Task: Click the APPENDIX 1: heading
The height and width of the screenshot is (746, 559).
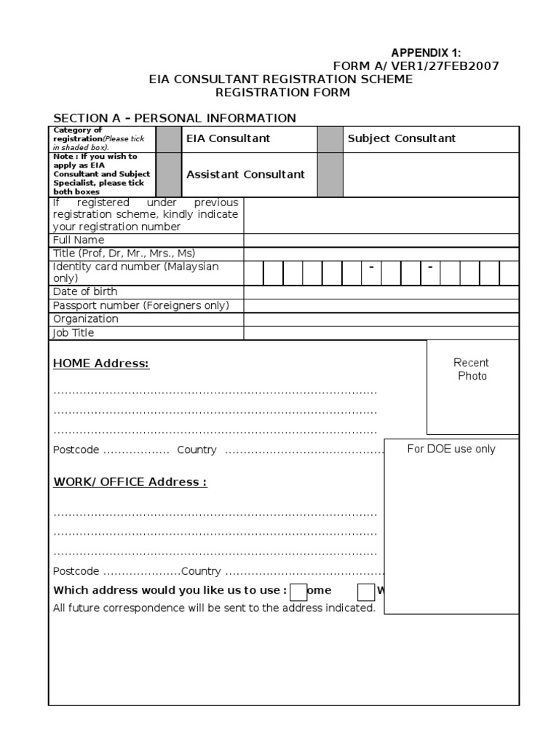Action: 427,52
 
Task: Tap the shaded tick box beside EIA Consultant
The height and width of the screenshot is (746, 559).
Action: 170,138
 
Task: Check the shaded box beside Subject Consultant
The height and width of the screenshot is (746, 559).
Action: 330,138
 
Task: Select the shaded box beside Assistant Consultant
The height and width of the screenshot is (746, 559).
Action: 170,175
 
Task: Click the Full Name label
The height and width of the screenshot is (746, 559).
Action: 79,240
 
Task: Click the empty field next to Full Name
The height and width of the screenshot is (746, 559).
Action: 381,240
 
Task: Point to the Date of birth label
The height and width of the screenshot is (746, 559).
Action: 85,291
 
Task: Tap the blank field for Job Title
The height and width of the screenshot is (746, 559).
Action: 381,333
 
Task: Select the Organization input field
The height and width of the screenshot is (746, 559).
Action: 381,319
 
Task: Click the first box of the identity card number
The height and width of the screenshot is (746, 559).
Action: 253,272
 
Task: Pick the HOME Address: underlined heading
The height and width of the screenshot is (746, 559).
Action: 101,364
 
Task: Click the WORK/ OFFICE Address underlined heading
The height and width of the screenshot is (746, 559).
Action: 130,482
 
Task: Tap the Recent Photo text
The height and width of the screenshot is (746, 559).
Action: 472,369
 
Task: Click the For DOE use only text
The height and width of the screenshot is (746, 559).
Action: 451,449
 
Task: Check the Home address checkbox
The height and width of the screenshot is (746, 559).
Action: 298,591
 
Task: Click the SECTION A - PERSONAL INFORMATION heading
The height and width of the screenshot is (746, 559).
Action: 175,118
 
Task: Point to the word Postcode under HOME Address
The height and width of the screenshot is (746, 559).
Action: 76,450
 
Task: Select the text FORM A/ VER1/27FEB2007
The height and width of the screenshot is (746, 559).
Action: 416,66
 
